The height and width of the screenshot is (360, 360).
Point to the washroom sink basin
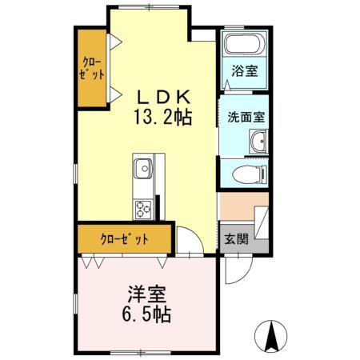coord(258,144)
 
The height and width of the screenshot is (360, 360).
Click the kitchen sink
coord(144,170)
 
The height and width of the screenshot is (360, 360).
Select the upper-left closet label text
coord(93,68)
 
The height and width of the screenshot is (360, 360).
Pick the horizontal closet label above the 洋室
coord(124,238)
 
